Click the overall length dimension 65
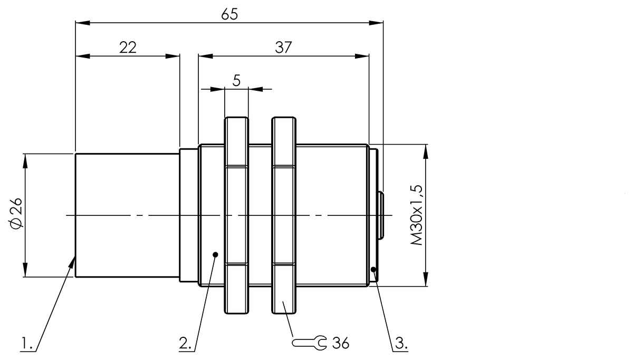coord(229,14)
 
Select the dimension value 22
coord(128,48)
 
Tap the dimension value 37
coord(283,48)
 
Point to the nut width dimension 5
coord(236,80)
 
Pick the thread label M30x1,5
coord(417,215)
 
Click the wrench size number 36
coord(341,343)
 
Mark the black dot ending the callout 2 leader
coord(215,254)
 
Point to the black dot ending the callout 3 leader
coord(373,270)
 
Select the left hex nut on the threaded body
coord(236,215)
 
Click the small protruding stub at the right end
coord(380,215)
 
